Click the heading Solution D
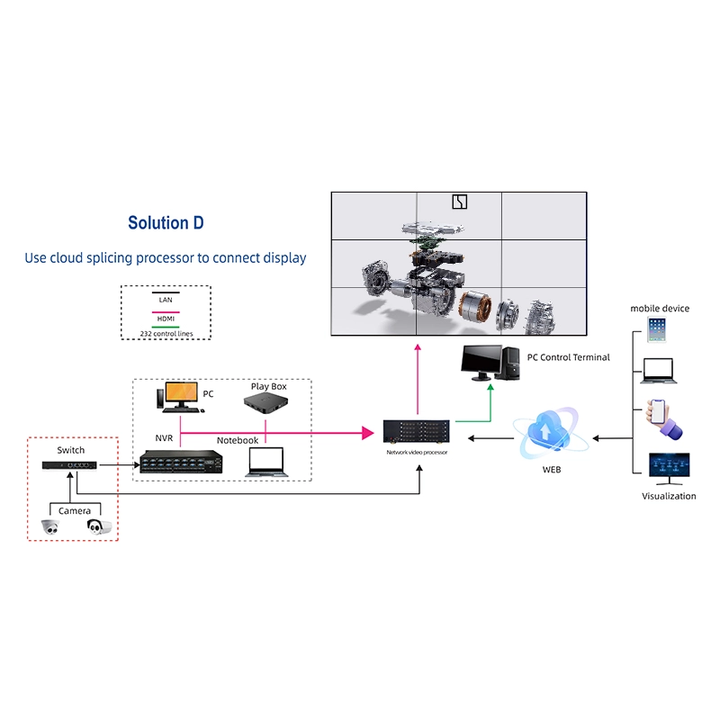[x=166, y=222]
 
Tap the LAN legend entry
[x=166, y=300]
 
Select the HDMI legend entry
[x=166, y=319]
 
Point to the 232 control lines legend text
[x=166, y=334]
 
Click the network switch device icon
[x=69, y=465]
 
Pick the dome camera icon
[x=50, y=527]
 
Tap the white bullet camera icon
[x=99, y=526]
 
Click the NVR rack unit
[x=181, y=462]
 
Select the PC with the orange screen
[x=179, y=397]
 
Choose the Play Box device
[x=265, y=402]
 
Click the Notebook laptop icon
[x=266, y=462]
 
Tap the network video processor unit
[x=417, y=432]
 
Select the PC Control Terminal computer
[x=490, y=363]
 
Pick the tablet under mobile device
[x=656, y=329]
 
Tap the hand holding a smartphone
[x=663, y=418]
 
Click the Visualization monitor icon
[x=669, y=469]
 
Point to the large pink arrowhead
[x=368, y=433]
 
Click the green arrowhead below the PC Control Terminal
[x=490, y=388]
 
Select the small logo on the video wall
[x=460, y=202]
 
